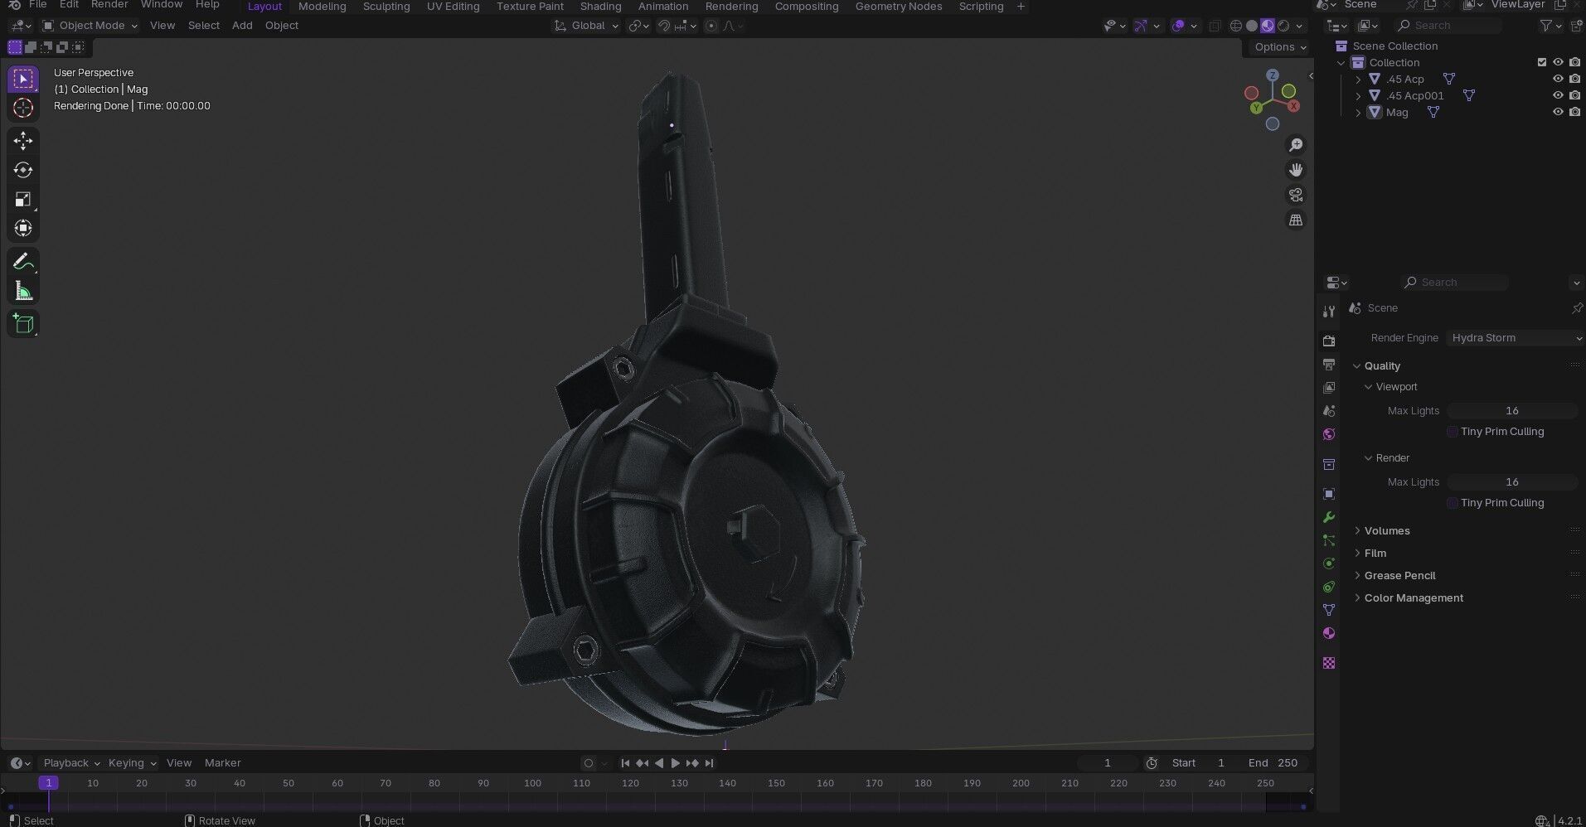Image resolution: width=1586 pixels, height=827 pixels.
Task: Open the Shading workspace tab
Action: coord(600,7)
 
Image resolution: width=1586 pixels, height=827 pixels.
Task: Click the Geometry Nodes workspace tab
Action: coord(898,7)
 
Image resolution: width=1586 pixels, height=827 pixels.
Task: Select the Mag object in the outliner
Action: coord(1396,112)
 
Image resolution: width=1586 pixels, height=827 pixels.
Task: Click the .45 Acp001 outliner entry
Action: coord(1414,95)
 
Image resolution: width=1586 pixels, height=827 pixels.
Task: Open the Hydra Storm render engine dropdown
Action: coord(1514,338)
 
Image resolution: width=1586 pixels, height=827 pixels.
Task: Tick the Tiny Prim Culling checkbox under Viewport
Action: coord(1453,432)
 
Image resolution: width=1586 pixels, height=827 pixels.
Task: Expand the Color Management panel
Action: coord(1413,598)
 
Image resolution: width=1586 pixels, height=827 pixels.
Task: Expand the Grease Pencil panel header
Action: coord(1399,576)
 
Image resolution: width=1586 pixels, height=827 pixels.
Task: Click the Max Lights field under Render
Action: coord(1511,482)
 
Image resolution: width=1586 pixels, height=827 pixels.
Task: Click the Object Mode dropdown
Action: coord(90,26)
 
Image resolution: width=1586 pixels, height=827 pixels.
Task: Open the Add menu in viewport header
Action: coord(242,26)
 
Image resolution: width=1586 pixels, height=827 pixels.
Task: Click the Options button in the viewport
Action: coord(1279,47)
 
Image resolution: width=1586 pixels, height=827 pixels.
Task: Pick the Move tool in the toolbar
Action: coord(23,141)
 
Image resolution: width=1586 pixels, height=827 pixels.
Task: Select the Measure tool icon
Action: coord(23,292)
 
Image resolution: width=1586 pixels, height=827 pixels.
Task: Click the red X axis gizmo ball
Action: coord(1293,106)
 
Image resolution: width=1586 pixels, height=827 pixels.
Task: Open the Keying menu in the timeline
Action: coord(131,763)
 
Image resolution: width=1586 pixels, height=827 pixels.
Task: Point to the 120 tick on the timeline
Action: coord(630,783)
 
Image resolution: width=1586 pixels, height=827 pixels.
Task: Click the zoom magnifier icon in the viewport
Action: coord(1295,145)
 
